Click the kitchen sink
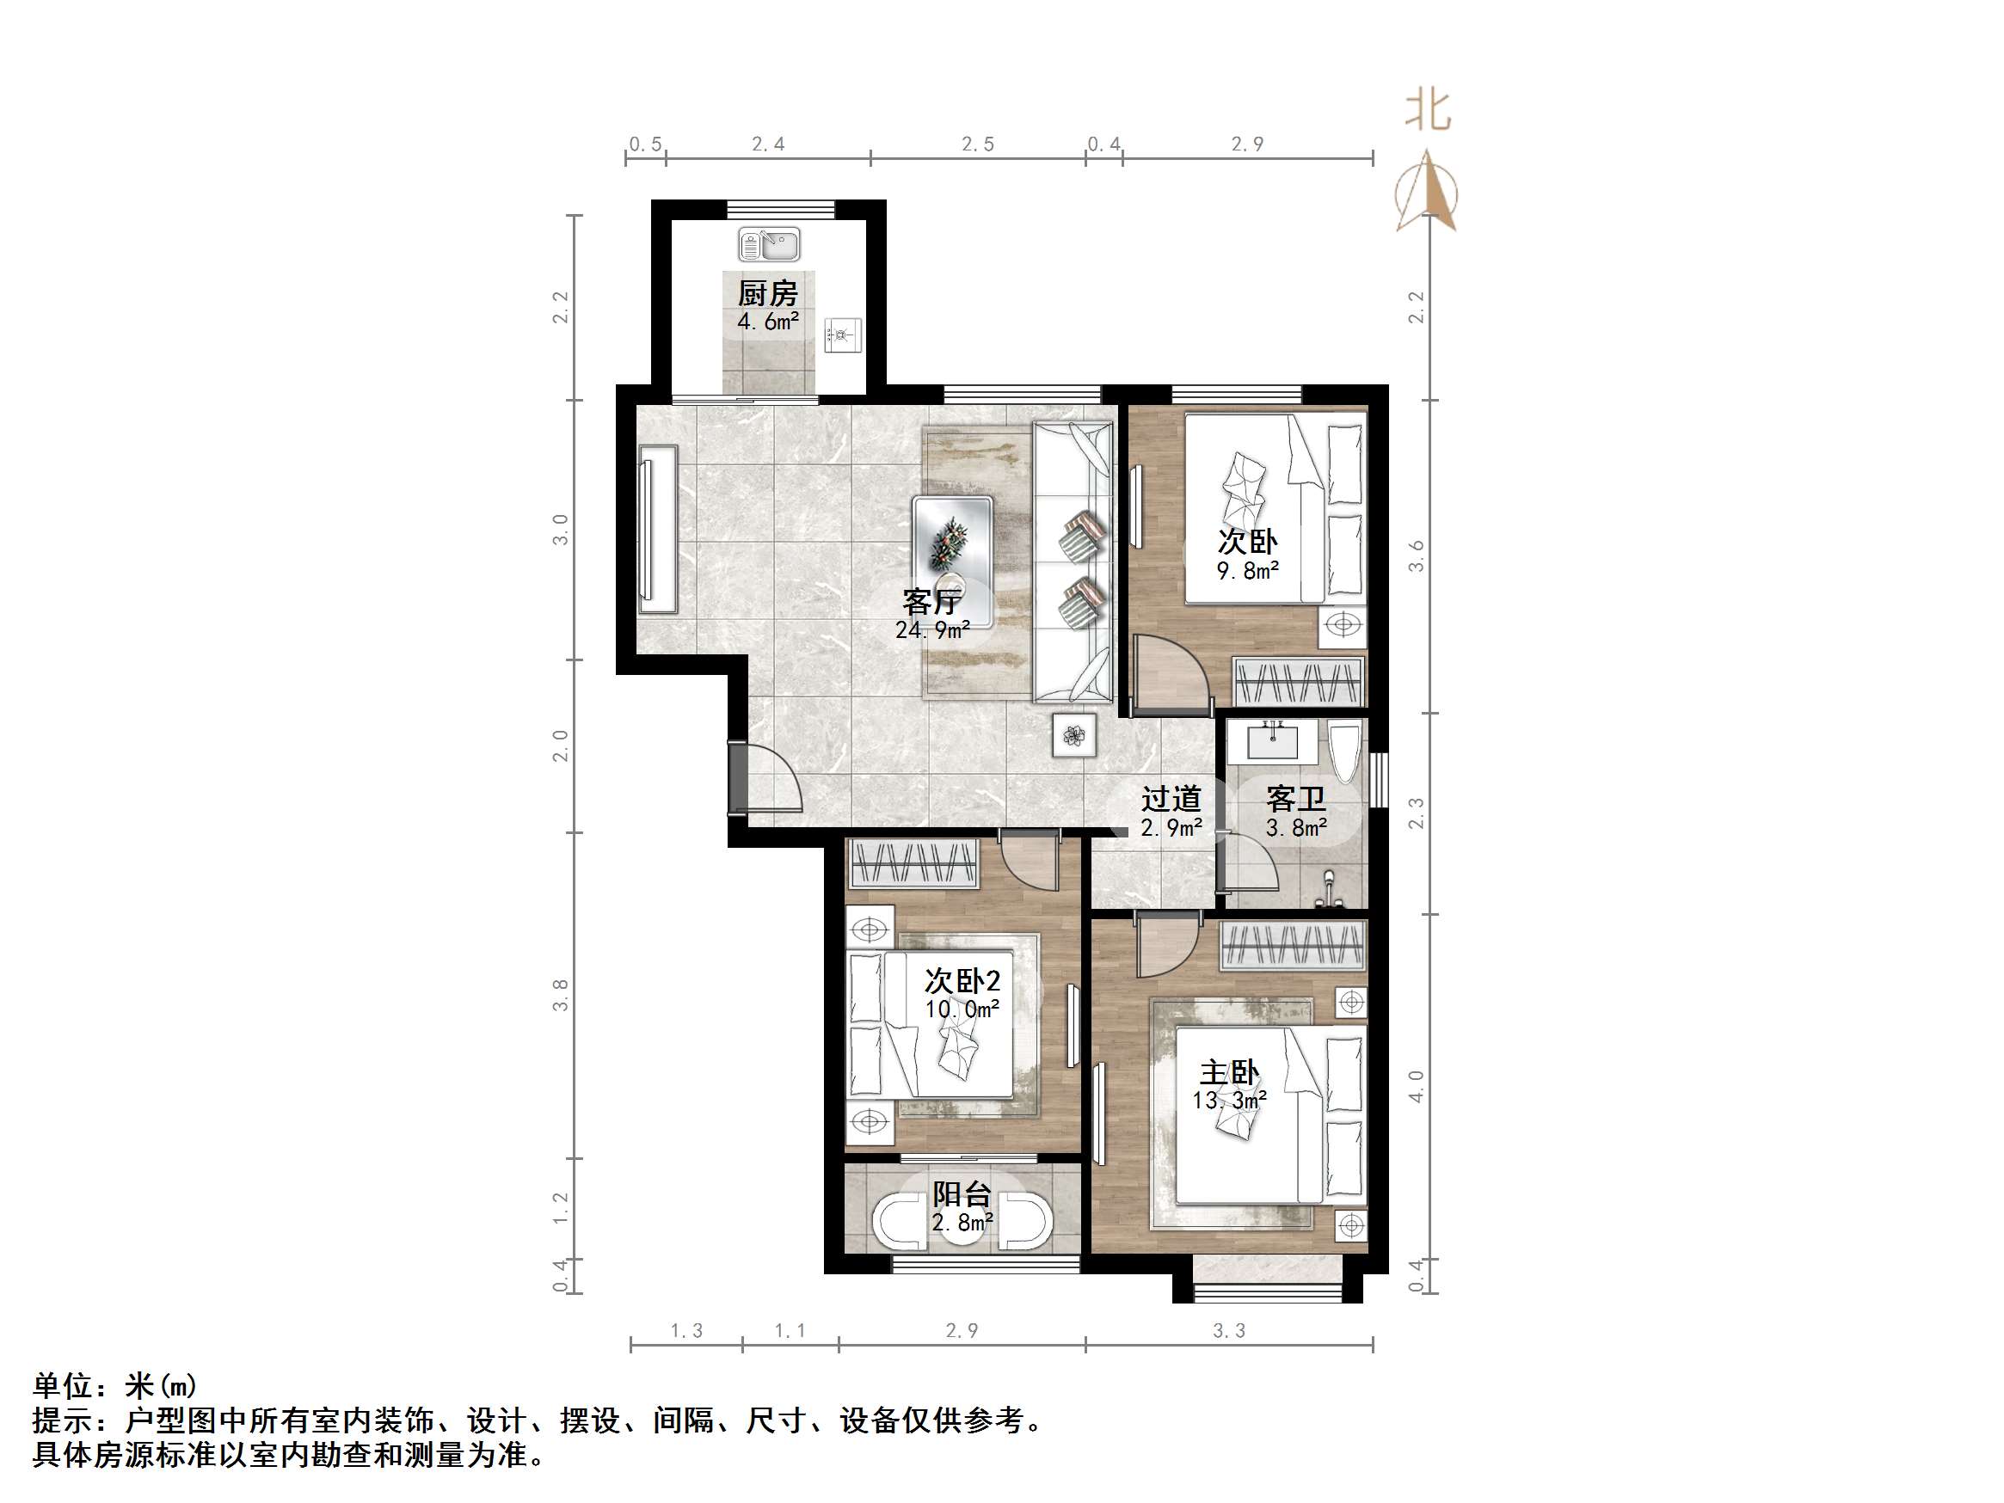768,243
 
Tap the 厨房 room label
767,293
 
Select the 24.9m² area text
932,629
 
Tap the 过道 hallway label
1171,799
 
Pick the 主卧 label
1228,1074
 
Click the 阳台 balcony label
962,1194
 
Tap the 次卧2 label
962,980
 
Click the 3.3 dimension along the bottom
1229,1331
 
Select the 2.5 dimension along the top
978,144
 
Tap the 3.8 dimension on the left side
561,995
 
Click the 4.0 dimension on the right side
1416,1085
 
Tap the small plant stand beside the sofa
1074,735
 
